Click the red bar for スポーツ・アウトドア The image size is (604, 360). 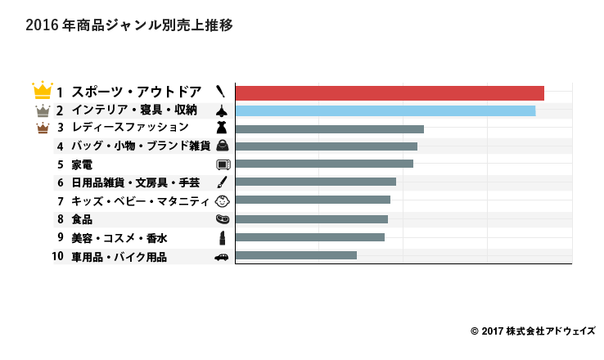[x=390, y=92]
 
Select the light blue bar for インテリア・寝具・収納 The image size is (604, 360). [x=385, y=110]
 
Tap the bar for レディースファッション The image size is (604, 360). [x=329, y=128]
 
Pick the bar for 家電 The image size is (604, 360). [x=324, y=164]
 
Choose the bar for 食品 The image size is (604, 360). [x=311, y=219]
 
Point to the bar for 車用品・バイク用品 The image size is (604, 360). [x=295, y=255]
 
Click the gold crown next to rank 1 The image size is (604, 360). [x=42, y=90]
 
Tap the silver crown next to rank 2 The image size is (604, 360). [x=43, y=110]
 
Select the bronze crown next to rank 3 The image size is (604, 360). [x=43, y=128]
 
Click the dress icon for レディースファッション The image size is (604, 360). [x=221, y=128]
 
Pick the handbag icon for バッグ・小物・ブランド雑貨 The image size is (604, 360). [x=222, y=146]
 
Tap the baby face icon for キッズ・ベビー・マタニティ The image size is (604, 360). [x=222, y=200]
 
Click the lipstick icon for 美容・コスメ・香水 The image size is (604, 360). [x=222, y=237]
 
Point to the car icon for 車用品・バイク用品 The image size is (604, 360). [x=222, y=256]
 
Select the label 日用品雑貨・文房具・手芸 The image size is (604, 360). [x=135, y=182]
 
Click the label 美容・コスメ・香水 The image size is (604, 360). [x=119, y=238]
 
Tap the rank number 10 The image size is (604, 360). [x=57, y=257]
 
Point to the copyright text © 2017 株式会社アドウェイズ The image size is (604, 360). [x=533, y=331]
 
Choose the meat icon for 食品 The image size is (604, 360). [x=222, y=219]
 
